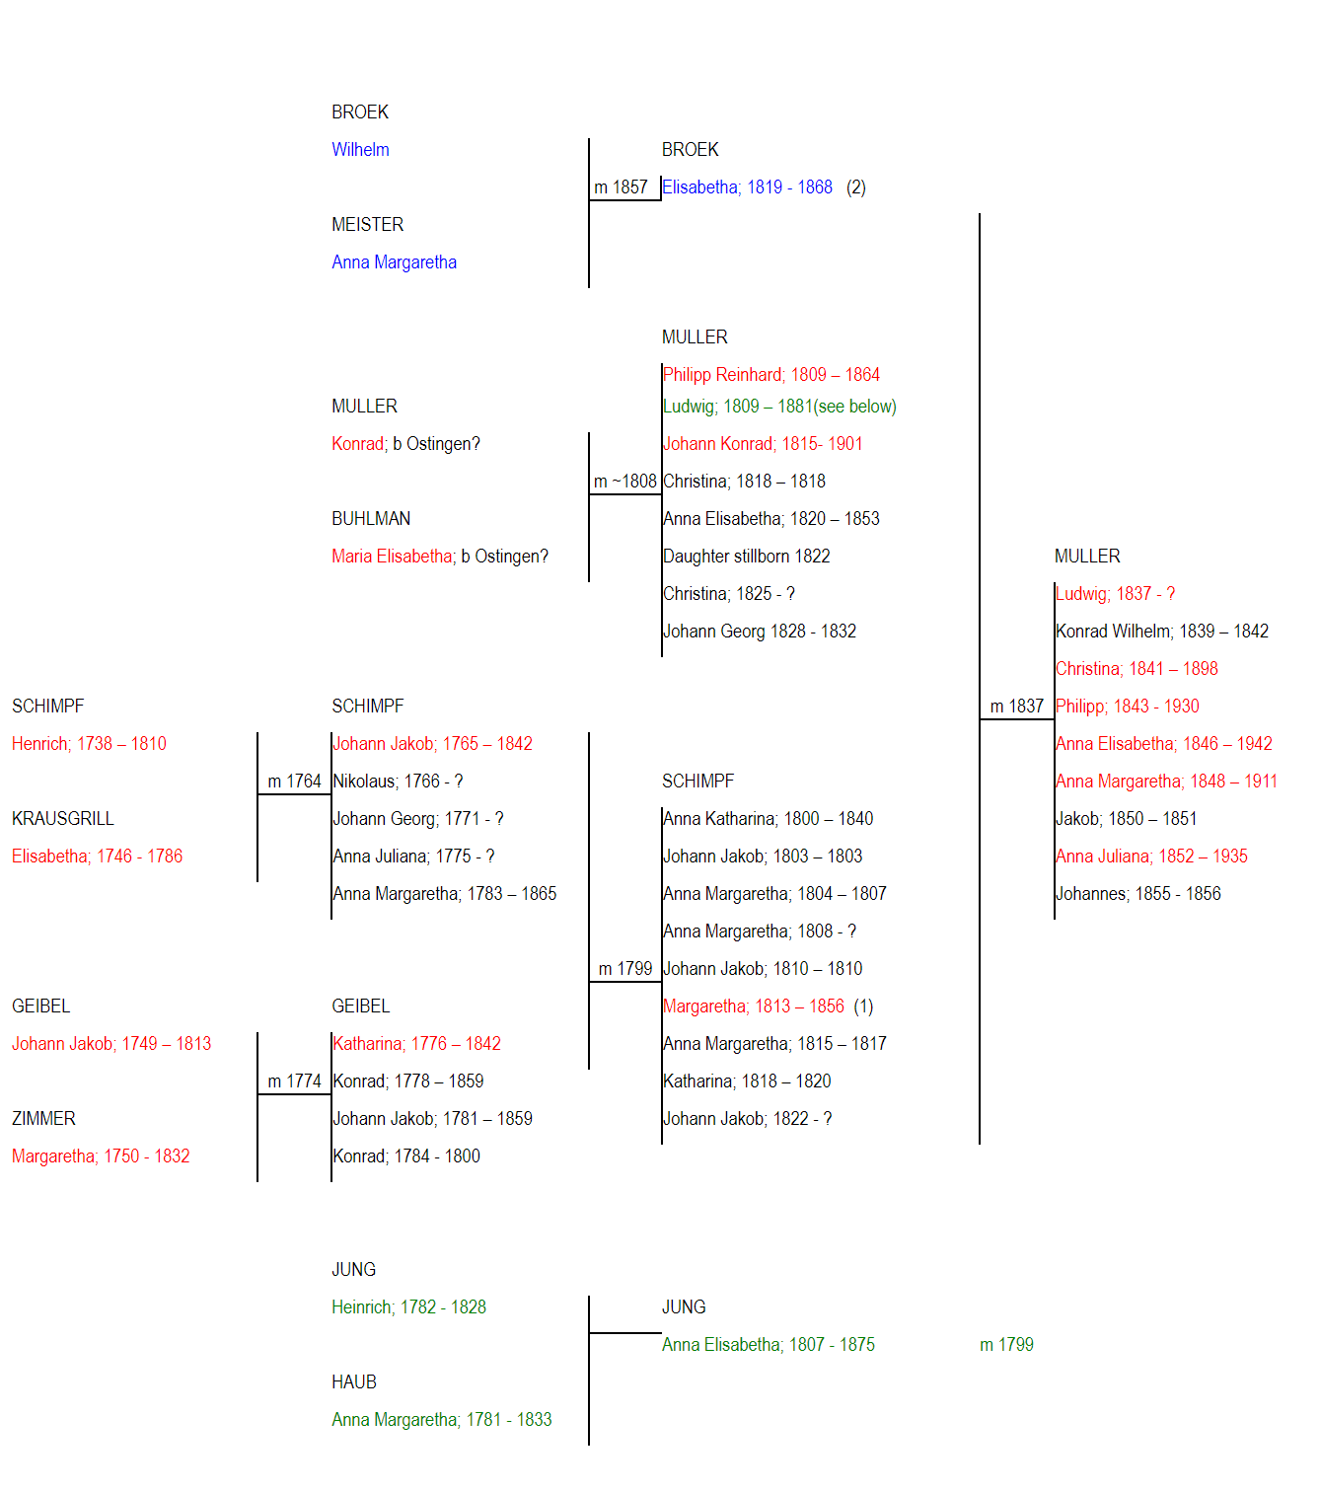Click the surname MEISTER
pos(367,224)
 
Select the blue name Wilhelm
pos(360,149)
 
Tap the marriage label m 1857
pos(621,186)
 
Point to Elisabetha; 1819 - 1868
pos(747,186)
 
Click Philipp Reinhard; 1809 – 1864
pos(771,375)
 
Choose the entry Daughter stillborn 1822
pos(746,557)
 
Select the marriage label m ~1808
pos(624,482)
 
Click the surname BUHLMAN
pos(371,519)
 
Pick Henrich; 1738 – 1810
pos(89,743)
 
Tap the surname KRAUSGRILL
pos(62,818)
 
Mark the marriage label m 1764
pos(294,781)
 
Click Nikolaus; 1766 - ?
pos(398,781)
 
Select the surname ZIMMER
pos(43,1119)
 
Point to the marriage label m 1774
pos(294,1081)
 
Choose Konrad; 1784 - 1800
pos(406,1156)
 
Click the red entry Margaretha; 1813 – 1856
pos(754,1006)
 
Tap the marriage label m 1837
pos(1017,707)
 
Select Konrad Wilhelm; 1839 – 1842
pos(1162,632)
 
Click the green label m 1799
pos(1006,1345)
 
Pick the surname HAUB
pos(354,1382)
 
